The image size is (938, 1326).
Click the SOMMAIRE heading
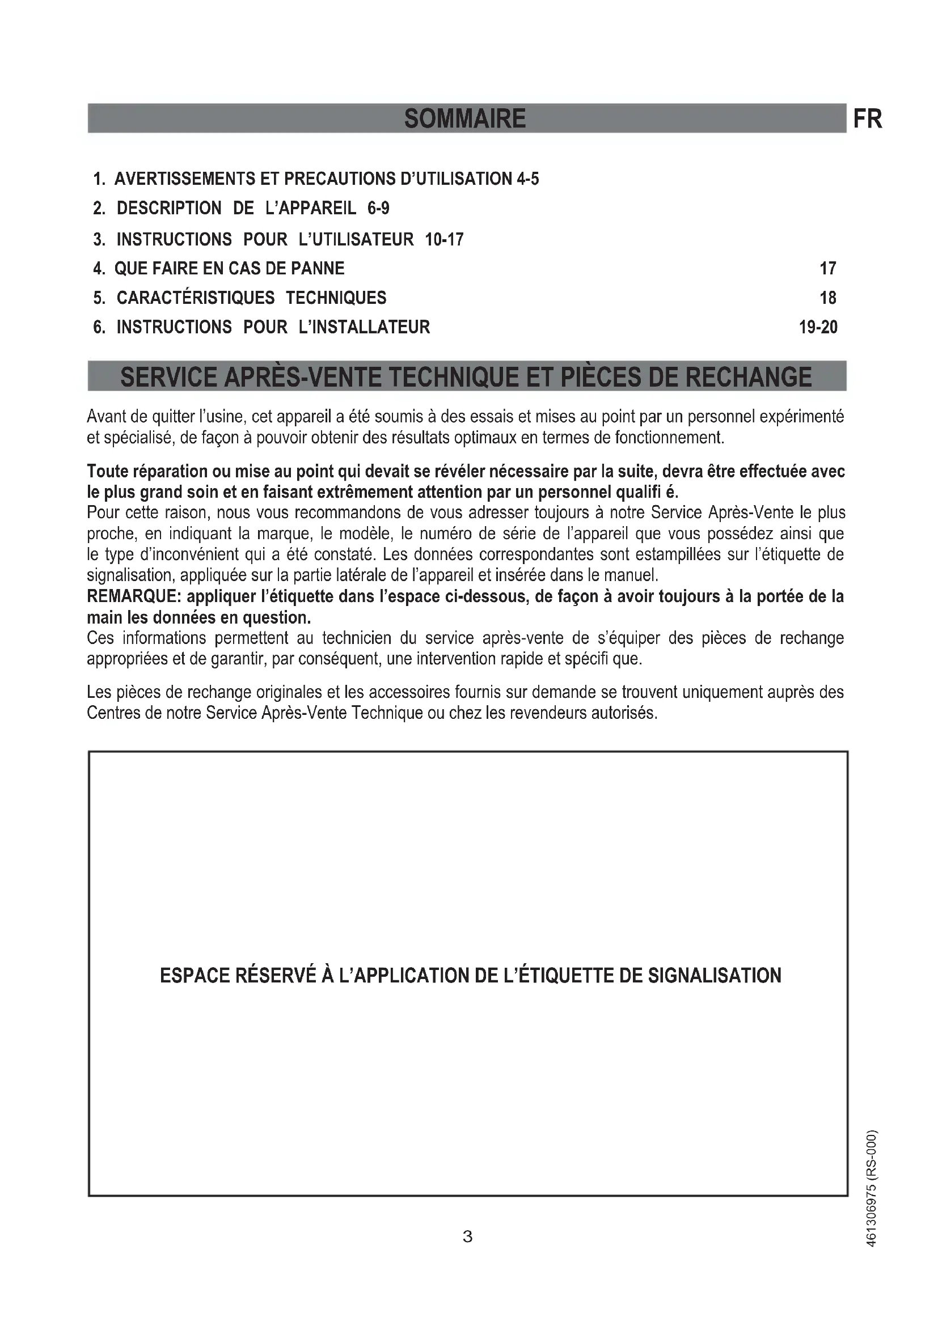click(x=465, y=119)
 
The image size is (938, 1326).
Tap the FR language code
click(x=868, y=120)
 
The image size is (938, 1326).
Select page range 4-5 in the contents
click(x=528, y=179)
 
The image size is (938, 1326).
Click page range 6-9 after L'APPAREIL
click(x=378, y=209)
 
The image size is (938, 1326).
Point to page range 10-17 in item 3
click(x=444, y=239)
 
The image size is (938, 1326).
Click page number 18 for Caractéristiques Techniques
click(x=827, y=298)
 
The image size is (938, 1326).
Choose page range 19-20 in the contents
click(x=818, y=328)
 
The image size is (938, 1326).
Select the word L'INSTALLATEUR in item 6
click(x=365, y=328)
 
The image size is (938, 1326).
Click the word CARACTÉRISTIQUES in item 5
click(x=195, y=298)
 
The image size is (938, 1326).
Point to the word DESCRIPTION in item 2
click(x=168, y=209)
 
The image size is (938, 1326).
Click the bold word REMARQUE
click(x=133, y=596)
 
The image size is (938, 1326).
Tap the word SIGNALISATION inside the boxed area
click(x=714, y=976)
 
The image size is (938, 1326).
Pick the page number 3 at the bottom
click(x=468, y=1237)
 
